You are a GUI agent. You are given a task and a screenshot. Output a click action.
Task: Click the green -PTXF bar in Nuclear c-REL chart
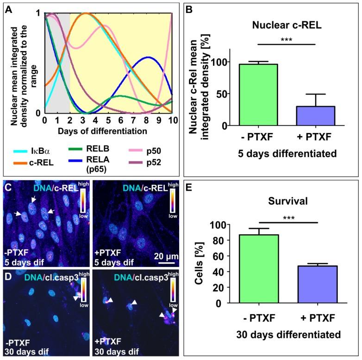pyautogui.click(x=258, y=95)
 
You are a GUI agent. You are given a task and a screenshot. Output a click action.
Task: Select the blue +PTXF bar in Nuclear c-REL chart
pyautogui.click(x=315, y=116)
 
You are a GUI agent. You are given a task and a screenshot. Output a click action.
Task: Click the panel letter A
pyautogui.click(x=8, y=9)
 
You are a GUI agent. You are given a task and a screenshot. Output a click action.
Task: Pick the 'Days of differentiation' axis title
pyautogui.click(x=103, y=131)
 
